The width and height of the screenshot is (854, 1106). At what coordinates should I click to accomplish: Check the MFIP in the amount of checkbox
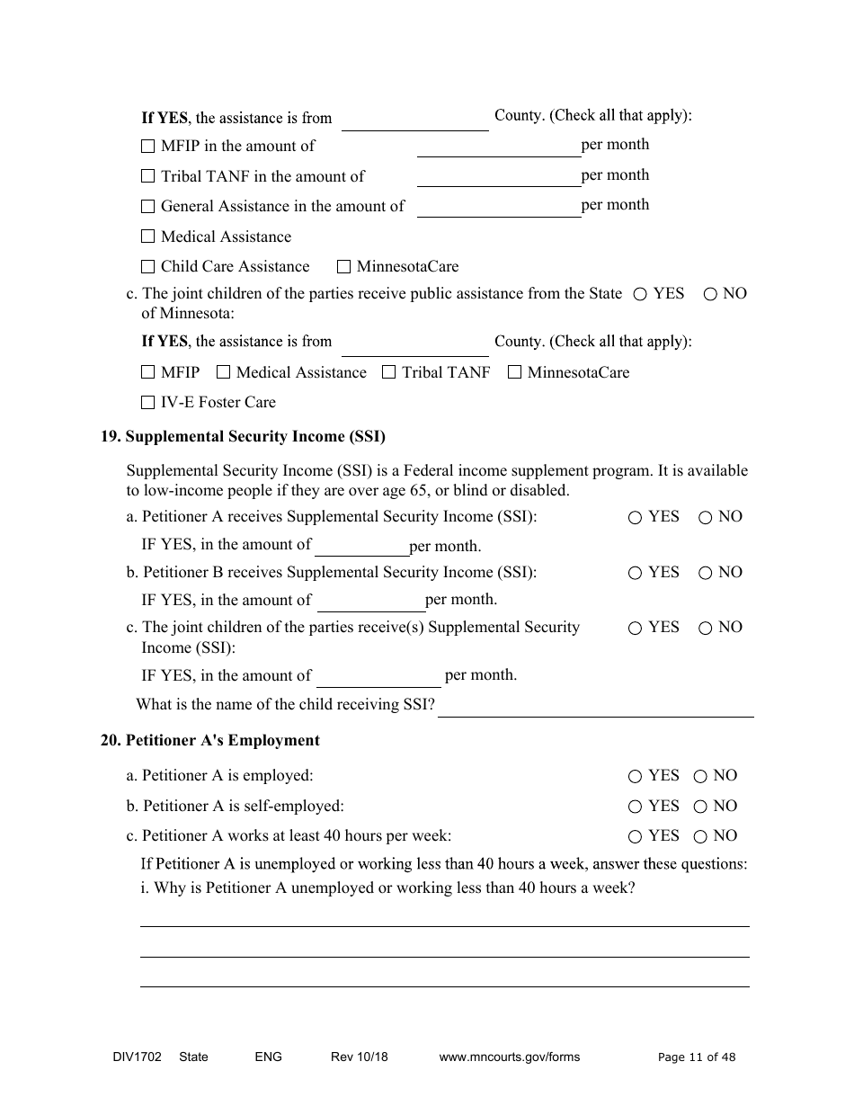pos(148,146)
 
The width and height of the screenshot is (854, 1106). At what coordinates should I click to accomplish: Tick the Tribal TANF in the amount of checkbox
pos(148,176)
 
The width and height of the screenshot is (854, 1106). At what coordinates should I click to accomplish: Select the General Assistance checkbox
pos(148,207)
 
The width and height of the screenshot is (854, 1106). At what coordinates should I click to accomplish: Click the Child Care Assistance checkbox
pos(148,267)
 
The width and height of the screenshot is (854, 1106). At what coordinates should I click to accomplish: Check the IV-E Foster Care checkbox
pos(148,403)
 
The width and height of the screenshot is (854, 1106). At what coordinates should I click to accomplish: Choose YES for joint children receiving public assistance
pos(640,294)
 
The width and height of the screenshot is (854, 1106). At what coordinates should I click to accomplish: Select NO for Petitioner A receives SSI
pos(705,518)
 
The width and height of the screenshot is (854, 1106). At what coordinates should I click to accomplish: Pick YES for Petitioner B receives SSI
pos(635,574)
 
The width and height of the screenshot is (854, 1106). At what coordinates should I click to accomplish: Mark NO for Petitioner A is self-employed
pos(700,807)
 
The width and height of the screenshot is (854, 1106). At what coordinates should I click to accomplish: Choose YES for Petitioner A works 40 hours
pos(635,837)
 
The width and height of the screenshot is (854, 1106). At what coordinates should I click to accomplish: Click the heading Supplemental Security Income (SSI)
pos(255,437)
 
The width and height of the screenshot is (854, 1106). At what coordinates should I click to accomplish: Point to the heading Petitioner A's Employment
pos(222,741)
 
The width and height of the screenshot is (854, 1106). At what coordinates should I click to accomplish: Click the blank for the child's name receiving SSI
pos(595,707)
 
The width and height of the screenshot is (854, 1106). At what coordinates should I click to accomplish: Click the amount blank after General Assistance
pos(499,207)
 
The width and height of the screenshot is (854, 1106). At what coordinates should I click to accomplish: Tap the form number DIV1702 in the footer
pos(131,1057)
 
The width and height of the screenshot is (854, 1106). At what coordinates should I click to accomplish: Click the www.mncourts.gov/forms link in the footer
pos(509,1057)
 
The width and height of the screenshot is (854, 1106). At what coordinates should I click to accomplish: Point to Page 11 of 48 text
pos(696,1057)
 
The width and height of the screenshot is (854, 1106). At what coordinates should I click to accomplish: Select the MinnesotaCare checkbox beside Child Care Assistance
pos(343,267)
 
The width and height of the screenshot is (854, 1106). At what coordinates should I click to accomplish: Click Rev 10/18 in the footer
pos(359,1057)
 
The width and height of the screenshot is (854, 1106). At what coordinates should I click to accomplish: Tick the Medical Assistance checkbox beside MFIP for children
pos(224,373)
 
